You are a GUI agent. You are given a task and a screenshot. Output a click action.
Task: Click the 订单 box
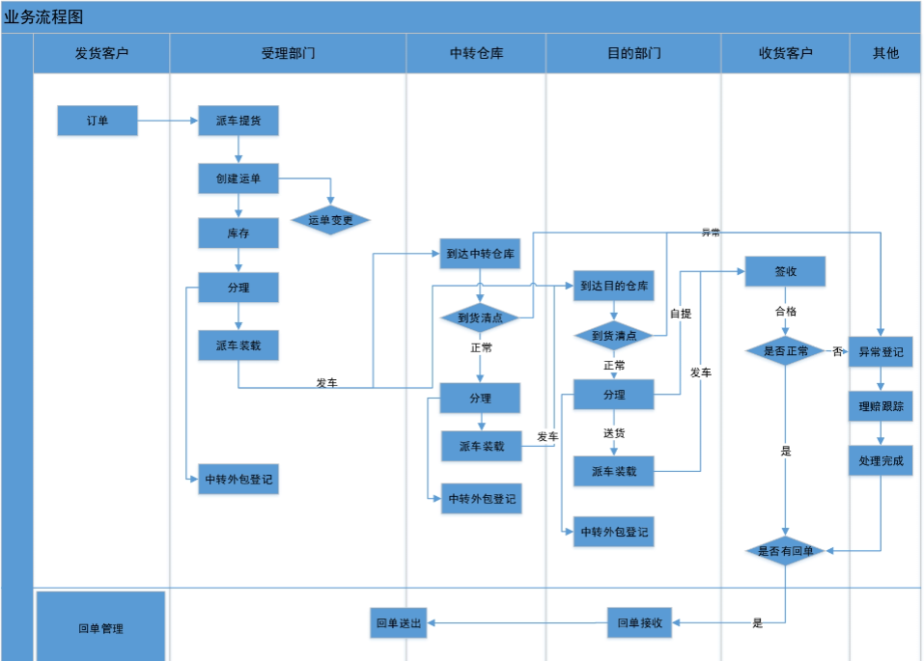(x=98, y=121)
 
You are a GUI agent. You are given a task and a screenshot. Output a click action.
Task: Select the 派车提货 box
(x=238, y=121)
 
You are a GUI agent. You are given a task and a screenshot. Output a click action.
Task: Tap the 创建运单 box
(x=238, y=179)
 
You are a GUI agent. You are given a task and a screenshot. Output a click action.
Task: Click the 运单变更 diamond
(x=330, y=220)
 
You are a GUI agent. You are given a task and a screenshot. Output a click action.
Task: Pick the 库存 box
(x=238, y=234)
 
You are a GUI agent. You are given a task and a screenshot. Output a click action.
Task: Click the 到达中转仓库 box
(x=480, y=254)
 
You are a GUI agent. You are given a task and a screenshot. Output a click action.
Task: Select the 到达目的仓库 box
(x=613, y=286)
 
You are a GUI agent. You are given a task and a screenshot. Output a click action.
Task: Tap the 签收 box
(x=785, y=271)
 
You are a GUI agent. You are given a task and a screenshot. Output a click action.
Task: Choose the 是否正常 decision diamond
(x=785, y=351)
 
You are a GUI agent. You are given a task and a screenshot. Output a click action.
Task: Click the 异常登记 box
(x=881, y=352)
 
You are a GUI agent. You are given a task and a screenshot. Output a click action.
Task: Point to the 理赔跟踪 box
(x=881, y=406)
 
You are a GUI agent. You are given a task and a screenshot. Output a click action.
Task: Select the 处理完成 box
(x=881, y=461)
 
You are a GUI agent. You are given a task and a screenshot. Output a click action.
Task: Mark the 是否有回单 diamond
(x=785, y=551)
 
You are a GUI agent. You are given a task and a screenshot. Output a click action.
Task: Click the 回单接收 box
(x=639, y=622)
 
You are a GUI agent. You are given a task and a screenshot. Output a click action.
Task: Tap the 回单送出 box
(x=399, y=622)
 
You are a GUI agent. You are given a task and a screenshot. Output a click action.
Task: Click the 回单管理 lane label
(x=100, y=628)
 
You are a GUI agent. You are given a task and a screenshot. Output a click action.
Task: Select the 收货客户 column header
(x=785, y=53)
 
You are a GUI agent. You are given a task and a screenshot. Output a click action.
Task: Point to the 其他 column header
(x=885, y=53)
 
